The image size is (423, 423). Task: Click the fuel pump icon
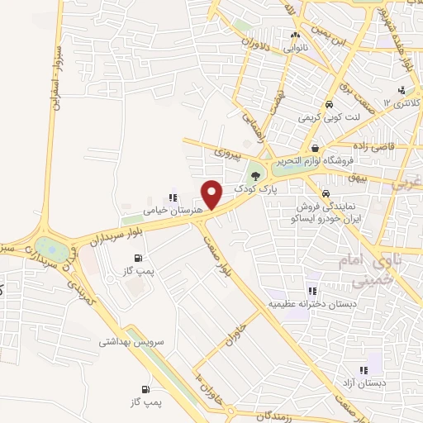[x=146, y=389]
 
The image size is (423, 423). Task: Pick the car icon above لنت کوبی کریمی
[x=329, y=106]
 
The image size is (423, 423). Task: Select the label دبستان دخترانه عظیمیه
[x=314, y=304]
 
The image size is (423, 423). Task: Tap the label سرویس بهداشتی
[x=132, y=340]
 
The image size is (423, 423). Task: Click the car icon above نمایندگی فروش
[x=325, y=194]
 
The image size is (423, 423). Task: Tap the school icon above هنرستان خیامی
[x=173, y=197]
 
